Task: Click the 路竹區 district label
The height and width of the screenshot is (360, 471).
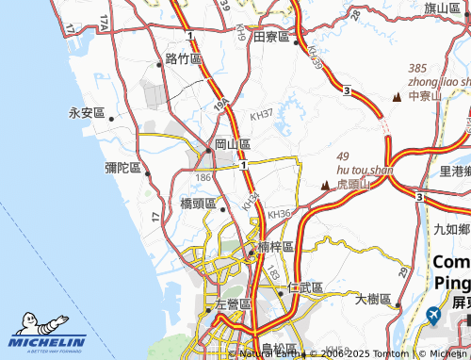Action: [184, 59]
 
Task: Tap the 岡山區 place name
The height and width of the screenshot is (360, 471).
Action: [233, 144]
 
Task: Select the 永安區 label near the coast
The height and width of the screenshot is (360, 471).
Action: [86, 113]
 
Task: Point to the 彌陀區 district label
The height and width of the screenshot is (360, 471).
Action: [122, 168]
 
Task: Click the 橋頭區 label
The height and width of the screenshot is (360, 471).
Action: [198, 203]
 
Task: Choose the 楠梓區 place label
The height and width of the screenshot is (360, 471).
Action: [276, 246]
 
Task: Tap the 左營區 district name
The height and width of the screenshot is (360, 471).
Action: [233, 304]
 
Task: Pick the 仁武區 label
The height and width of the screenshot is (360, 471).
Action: [306, 286]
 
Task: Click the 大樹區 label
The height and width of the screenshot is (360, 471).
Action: [373, 299]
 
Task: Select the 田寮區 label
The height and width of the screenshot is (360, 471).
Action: [272, 36]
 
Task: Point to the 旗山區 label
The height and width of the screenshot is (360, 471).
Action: [442, 8]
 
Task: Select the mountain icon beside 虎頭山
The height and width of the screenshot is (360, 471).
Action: [326, 185]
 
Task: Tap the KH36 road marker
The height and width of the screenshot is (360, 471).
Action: [279, 214]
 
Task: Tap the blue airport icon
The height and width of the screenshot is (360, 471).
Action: [433, 313]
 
